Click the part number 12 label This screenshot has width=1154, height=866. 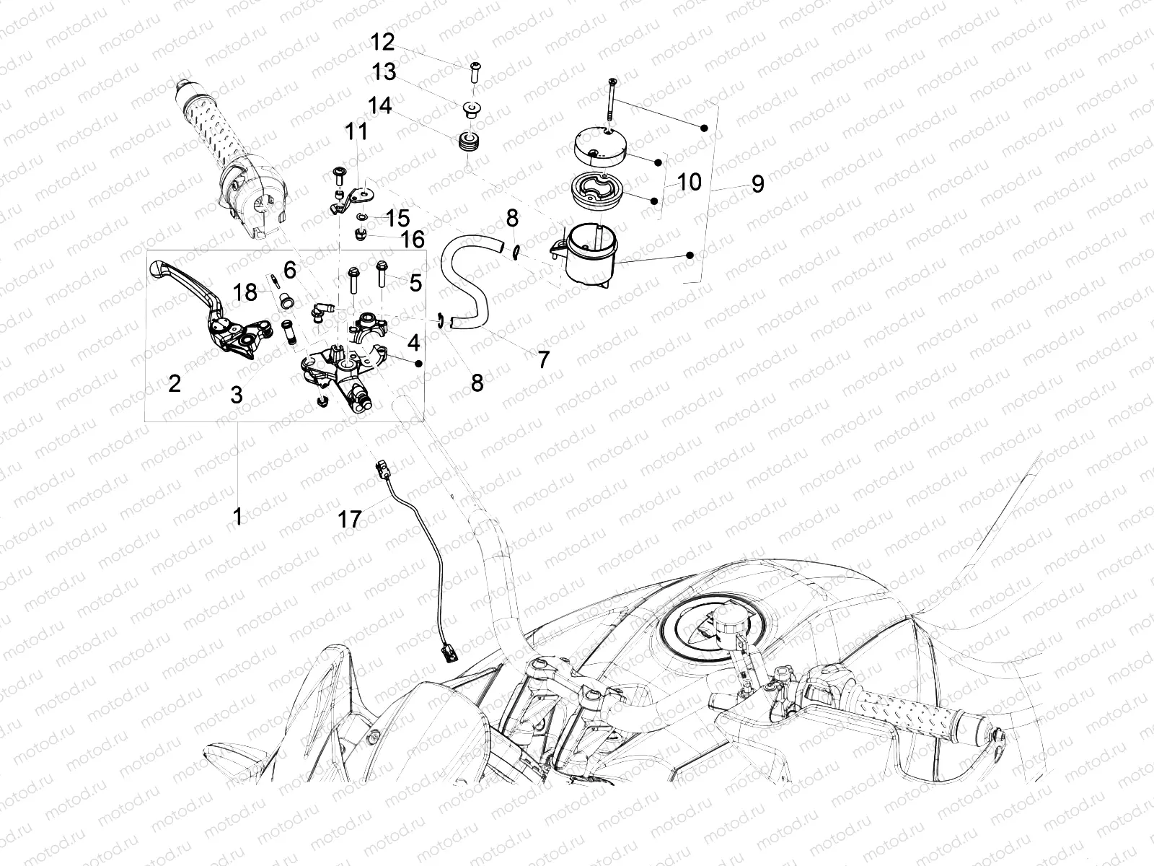tap(382, 42)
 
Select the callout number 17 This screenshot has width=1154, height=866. tap(350, 520)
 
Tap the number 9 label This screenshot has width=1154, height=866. tap(757, 184)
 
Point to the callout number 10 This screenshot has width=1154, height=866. tap(690, 183)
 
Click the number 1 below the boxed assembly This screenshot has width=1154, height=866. tap(237, 516)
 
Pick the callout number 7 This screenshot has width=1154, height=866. tap(544, 359)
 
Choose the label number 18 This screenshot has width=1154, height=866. tap(245, 292)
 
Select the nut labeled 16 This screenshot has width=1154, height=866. tap(360, 235)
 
